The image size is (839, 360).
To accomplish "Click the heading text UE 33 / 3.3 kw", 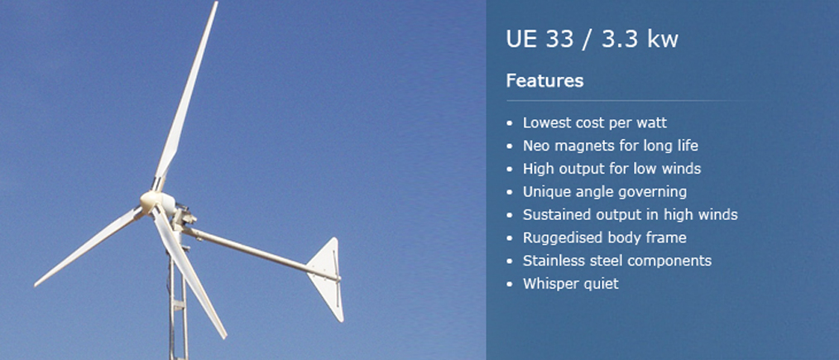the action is click(x=592, y=40).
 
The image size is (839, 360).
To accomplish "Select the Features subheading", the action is click(x=544, y=81).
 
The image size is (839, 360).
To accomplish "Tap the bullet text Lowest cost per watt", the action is click(x=594, y=122).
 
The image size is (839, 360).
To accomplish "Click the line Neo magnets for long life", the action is click(x=611, y=146).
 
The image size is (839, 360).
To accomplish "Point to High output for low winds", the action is click(x=611, y=169).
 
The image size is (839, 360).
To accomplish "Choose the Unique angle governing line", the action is click(x=605, y=191).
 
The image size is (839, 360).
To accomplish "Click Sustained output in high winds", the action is click(x=630, y=214).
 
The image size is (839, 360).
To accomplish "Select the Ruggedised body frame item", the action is click(x=605, y=238).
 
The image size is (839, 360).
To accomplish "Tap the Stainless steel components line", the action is click(x=617, y=261).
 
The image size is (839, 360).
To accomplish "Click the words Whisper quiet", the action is click(x=570, y=284).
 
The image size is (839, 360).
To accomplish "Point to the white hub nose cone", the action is click(x=156, y=203).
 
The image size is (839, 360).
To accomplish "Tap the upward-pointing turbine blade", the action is click(x=185, y=96).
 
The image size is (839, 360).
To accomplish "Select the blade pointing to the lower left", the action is click(x=89, y=247).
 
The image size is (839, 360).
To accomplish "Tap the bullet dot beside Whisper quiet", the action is click(x=509, y=284).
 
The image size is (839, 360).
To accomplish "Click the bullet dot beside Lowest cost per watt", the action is click(x=509, y=123).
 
